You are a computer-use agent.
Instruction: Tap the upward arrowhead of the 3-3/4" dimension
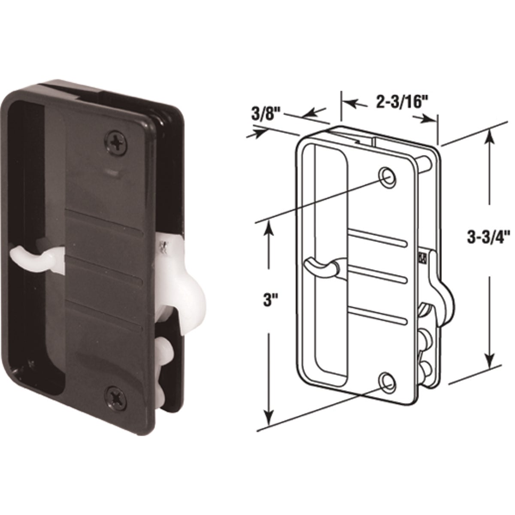pos(489,136)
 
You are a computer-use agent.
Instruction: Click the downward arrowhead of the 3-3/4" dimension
pos(489,360)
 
